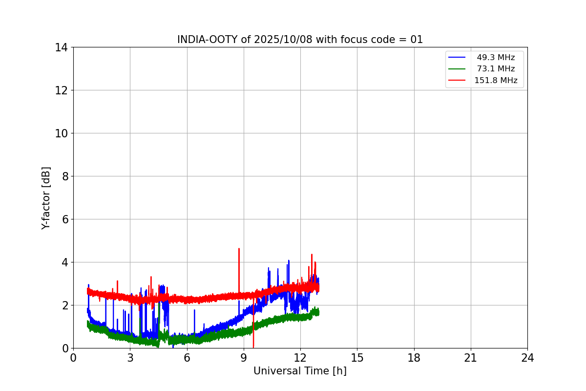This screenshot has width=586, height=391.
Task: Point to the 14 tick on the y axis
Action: point(62,47)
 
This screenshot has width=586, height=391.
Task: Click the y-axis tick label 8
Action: point(64,176)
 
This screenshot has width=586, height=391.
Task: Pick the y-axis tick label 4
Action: point(64,262)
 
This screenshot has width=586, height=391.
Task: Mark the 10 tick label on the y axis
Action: point(62,133)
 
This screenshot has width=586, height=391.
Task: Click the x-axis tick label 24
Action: point(527,358)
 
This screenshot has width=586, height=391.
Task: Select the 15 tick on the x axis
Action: point(357,358)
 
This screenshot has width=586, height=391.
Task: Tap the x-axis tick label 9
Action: point(244,358)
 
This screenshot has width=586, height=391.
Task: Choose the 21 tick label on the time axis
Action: point(471,358)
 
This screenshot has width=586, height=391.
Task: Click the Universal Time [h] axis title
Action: point(300,371)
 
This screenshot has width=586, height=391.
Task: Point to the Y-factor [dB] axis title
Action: point(46,197)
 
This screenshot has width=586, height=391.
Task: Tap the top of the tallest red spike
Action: point(239,249)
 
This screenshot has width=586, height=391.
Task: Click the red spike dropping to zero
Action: point(253,345)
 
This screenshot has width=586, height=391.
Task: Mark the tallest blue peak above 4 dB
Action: point(289,261)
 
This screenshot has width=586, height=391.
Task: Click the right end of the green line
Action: point(318,312)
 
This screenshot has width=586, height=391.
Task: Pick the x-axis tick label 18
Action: point(414,358)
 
